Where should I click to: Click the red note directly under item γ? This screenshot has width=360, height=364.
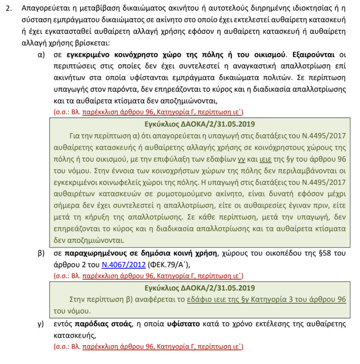coord(148,347)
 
